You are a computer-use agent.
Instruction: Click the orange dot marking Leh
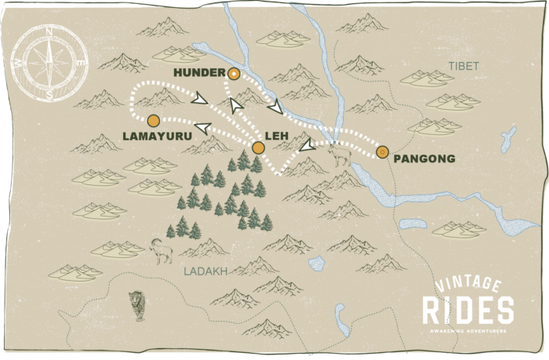click(x=258, y=147)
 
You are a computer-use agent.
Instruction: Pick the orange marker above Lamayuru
click(x=153, y=120)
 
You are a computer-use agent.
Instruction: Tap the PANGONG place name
click(x=424, y=158)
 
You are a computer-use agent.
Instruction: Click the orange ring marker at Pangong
click(x=382, y=152)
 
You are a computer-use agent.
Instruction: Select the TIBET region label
click(x=463, y=67)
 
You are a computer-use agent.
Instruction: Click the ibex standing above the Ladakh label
click(x=162, y=249)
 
